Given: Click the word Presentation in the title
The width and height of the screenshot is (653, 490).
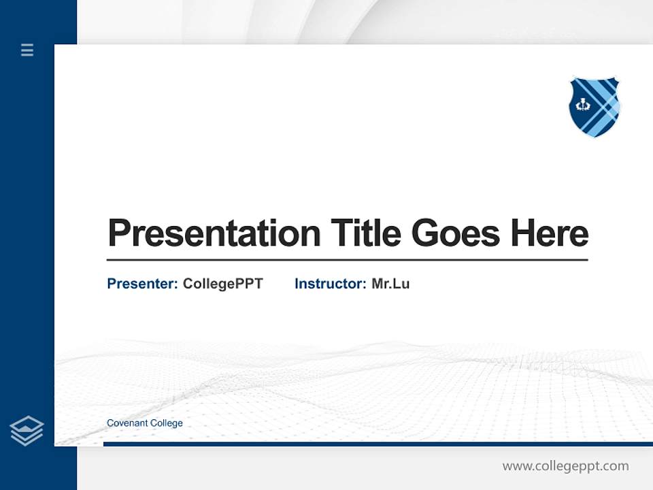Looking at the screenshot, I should pos(214,233).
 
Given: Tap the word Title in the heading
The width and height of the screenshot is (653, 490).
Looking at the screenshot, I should pos(365,233).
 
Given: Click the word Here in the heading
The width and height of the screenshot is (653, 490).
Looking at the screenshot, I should pos(549,233).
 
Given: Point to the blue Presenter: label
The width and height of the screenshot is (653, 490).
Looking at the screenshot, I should pos(142,284).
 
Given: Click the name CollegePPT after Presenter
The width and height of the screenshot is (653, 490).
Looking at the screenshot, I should pos(222,284).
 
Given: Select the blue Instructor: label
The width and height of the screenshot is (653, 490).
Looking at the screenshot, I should pos(330,284).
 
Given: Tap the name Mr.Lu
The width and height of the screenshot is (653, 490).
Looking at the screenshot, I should pos(390,284).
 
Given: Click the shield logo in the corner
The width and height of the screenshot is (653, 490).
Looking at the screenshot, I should pos(595,107).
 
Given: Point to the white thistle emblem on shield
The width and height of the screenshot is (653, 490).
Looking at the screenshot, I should pos(583,105).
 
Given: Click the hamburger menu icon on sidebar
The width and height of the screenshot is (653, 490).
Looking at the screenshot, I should pos(27,50).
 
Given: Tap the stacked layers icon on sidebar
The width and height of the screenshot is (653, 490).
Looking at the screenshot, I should pos(27,431).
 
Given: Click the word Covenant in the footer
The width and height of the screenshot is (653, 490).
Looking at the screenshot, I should pos(127,423).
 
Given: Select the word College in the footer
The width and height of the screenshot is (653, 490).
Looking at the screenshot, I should pos(167,423).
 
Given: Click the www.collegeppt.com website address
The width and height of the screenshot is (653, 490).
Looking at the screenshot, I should pos(565,466).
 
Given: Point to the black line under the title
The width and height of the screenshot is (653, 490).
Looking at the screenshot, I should pos(347,259).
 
